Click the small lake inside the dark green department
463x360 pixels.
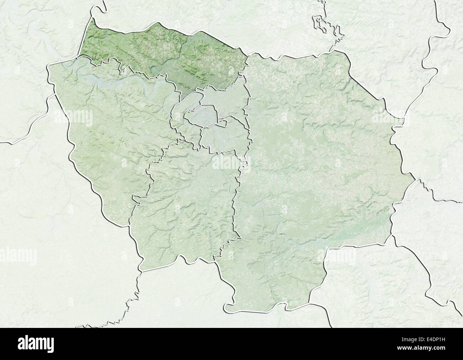(154, 69)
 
